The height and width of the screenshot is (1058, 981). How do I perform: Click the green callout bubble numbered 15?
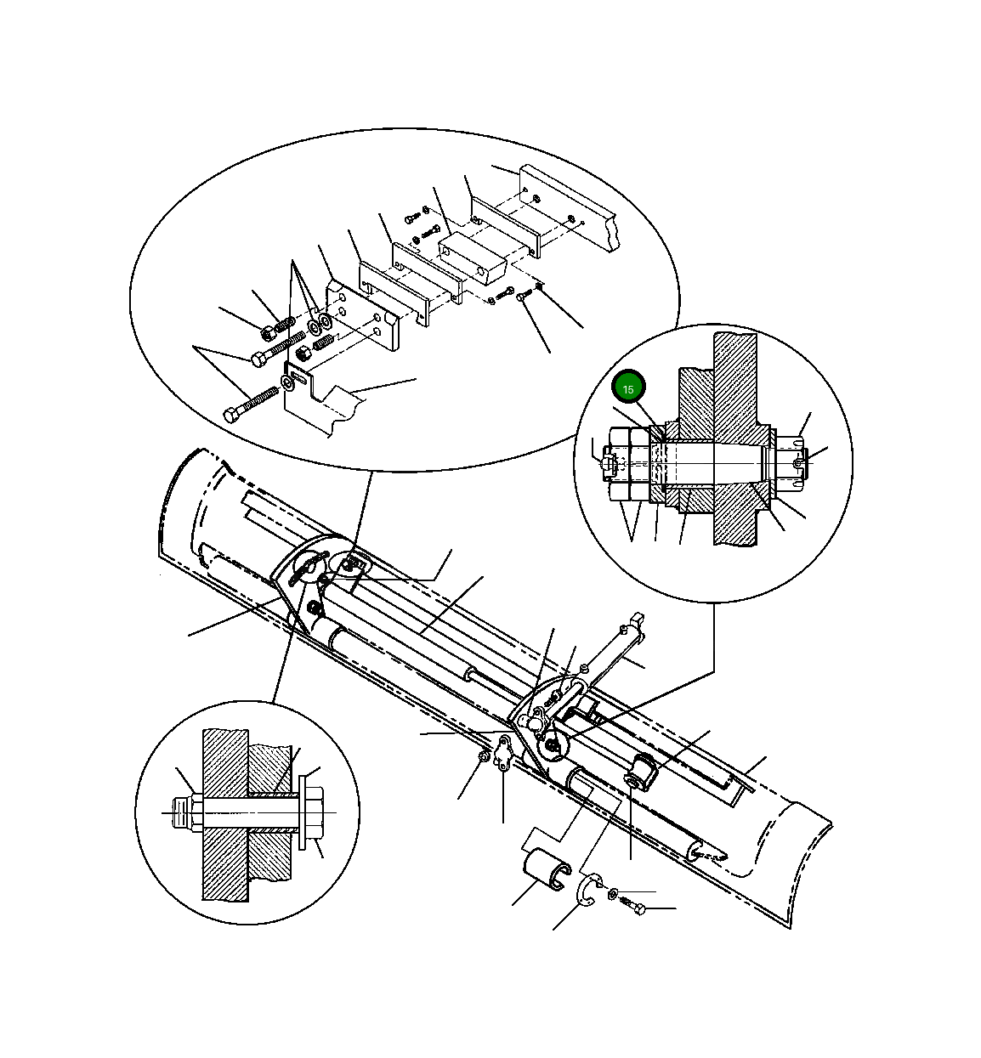click(629, 388)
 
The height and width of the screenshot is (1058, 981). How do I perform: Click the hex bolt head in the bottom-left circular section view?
click(313, 812)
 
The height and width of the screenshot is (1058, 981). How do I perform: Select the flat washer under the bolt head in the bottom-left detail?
click(301, 812)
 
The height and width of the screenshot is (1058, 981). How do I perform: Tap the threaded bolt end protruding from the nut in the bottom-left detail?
click(179, 813)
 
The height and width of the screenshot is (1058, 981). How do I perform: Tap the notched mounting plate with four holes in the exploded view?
click(363, 314)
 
